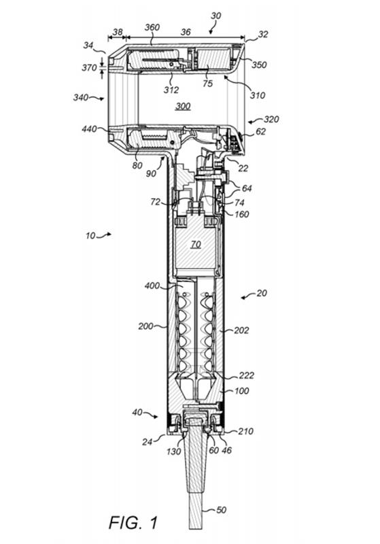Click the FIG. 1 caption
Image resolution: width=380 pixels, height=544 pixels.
click(x=133, y=522)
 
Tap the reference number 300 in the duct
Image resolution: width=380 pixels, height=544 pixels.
click(x=183, y=106)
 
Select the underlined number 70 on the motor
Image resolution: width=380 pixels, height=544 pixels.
click(x=196, y=245)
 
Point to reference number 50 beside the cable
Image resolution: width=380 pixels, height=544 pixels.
click(x=221, y=509)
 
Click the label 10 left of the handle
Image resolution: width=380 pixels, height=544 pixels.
click(x=90, y=235)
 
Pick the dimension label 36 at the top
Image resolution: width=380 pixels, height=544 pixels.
click(x=186, y=32)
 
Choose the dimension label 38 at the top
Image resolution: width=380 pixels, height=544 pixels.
click(x=118, y=32)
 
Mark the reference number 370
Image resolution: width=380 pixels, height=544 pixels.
click(x=89, y=67)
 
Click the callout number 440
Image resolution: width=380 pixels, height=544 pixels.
click(x=89, y=129)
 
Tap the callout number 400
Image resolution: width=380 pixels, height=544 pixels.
click(x=152, y=286)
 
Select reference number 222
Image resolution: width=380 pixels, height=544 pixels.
click(x=247, y=375)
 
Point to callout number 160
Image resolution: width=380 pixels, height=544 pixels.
click(x=241, y=214)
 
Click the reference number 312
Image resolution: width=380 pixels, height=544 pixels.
click(x=171, y=90)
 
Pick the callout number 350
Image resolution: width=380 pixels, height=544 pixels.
click(x=259, y=65)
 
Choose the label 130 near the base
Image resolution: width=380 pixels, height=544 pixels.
click(x=173, y=451)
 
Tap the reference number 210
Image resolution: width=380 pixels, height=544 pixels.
click(x=246, y=431)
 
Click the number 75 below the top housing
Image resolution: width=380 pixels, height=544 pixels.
click(x=207, y=84)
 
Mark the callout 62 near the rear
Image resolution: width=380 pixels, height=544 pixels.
click(x=261, y=131)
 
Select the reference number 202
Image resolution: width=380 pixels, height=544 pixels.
click(x=241, y=330)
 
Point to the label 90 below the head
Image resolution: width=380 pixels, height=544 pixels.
click(x=151, y=173)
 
